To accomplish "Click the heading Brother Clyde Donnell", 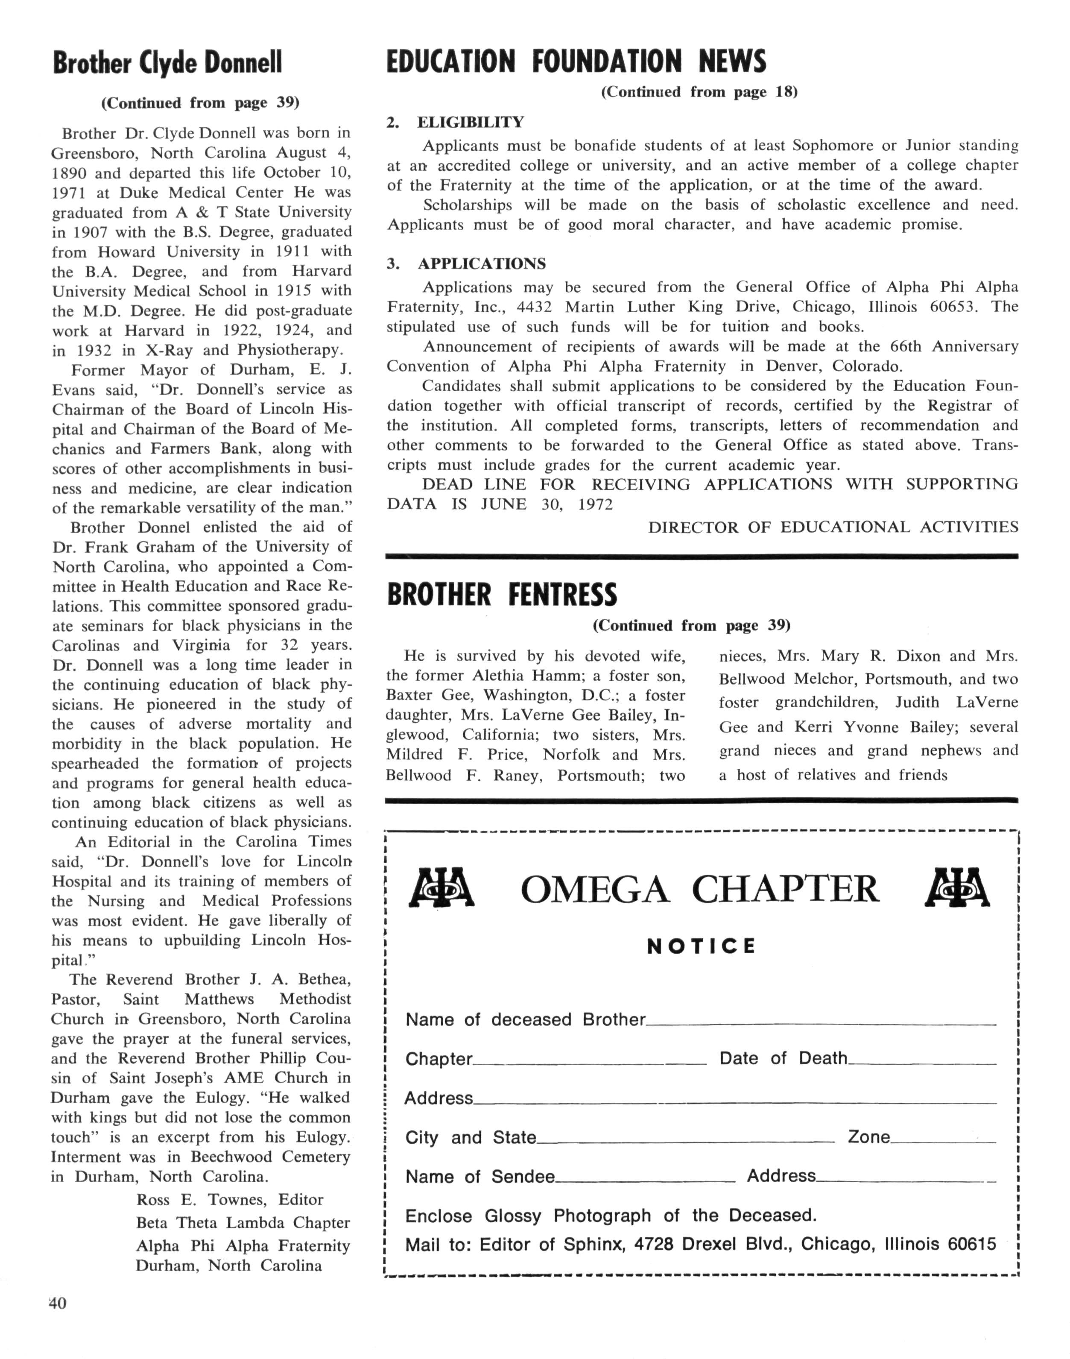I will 167,63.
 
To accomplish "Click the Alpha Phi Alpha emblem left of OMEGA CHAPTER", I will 441,888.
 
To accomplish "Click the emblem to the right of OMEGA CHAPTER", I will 957,888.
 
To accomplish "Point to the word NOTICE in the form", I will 701,946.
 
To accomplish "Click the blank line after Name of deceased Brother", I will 821,1023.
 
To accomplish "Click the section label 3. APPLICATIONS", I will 466,264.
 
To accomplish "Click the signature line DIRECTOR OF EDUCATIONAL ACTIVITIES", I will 833,527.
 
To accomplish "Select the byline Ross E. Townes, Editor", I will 229,1199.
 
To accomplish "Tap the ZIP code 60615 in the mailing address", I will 972,1244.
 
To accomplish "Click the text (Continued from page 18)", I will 699,92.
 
